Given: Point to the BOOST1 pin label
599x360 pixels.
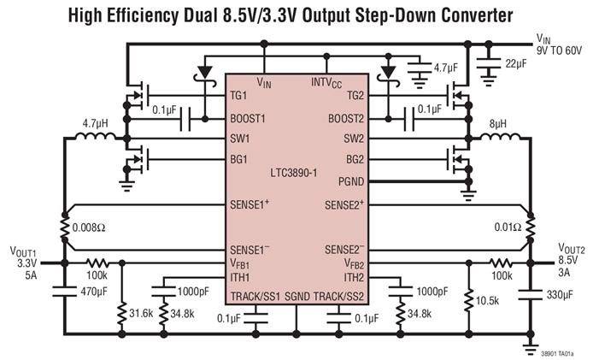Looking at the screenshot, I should point(250,119).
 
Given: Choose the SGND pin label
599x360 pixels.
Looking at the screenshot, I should point(297,296).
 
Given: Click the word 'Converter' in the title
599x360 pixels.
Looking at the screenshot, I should point(468,15).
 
